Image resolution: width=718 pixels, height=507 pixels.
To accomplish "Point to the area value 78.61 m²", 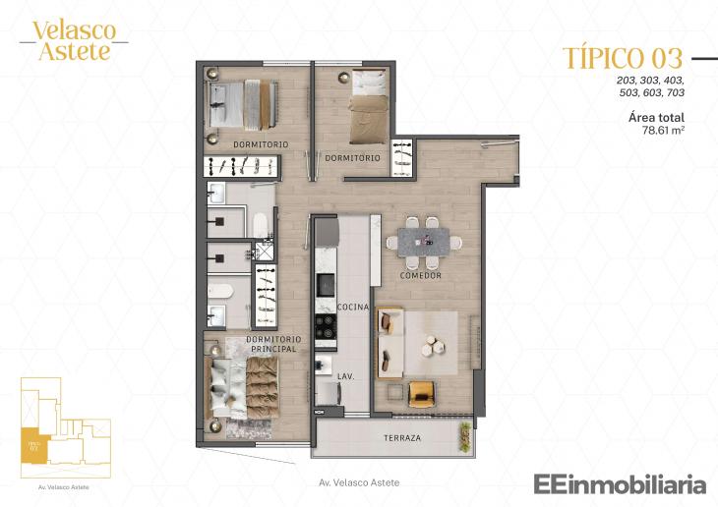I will click(x=663, y=129).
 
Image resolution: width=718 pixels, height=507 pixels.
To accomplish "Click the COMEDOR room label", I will click(x=420, y=276).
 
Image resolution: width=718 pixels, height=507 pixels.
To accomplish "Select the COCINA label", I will click(x=352, y=308).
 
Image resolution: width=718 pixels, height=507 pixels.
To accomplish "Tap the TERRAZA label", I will click(x=404, y=438).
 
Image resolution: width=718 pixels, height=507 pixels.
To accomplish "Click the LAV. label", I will click(x=345, y=376).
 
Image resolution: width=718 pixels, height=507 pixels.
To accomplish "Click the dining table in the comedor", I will click(x=423, y=241).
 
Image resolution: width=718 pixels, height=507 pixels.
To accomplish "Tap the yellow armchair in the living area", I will click(x=422, y=392).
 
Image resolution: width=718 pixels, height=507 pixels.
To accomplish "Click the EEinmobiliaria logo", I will click(x=620, y=483).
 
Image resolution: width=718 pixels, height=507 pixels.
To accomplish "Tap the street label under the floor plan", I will click(x=360, y=482).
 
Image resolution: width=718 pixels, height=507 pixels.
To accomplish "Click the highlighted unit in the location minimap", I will click(x=34, y=445).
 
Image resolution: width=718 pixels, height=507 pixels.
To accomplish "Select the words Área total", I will click(x=656, y=117).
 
